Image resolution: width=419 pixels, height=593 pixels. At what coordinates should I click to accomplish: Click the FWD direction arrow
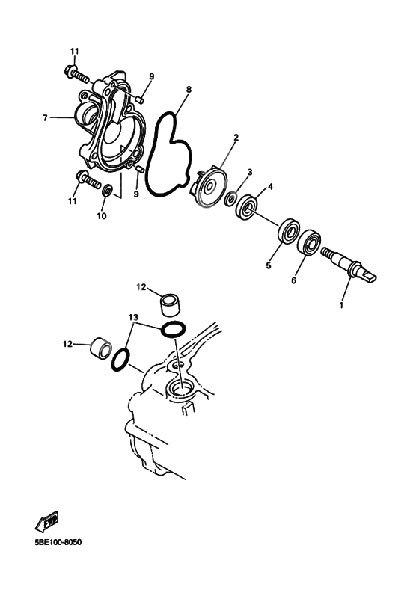47,521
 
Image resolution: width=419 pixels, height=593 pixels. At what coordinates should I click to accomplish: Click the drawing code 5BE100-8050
58,543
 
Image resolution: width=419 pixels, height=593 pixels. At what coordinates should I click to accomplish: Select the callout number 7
45,118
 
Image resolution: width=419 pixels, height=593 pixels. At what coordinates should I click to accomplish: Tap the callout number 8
189,89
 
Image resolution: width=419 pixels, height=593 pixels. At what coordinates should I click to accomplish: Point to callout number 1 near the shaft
341,305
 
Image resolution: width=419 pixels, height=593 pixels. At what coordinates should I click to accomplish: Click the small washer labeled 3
230,198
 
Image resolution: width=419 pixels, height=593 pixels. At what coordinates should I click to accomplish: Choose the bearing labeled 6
311,242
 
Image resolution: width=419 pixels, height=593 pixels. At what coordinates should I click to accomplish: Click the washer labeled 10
107,190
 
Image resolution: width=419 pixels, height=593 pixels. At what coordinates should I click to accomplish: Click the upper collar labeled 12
171,305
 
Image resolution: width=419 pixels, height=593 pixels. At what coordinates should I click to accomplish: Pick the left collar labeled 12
102,347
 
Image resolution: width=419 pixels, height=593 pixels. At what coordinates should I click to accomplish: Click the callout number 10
102,216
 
